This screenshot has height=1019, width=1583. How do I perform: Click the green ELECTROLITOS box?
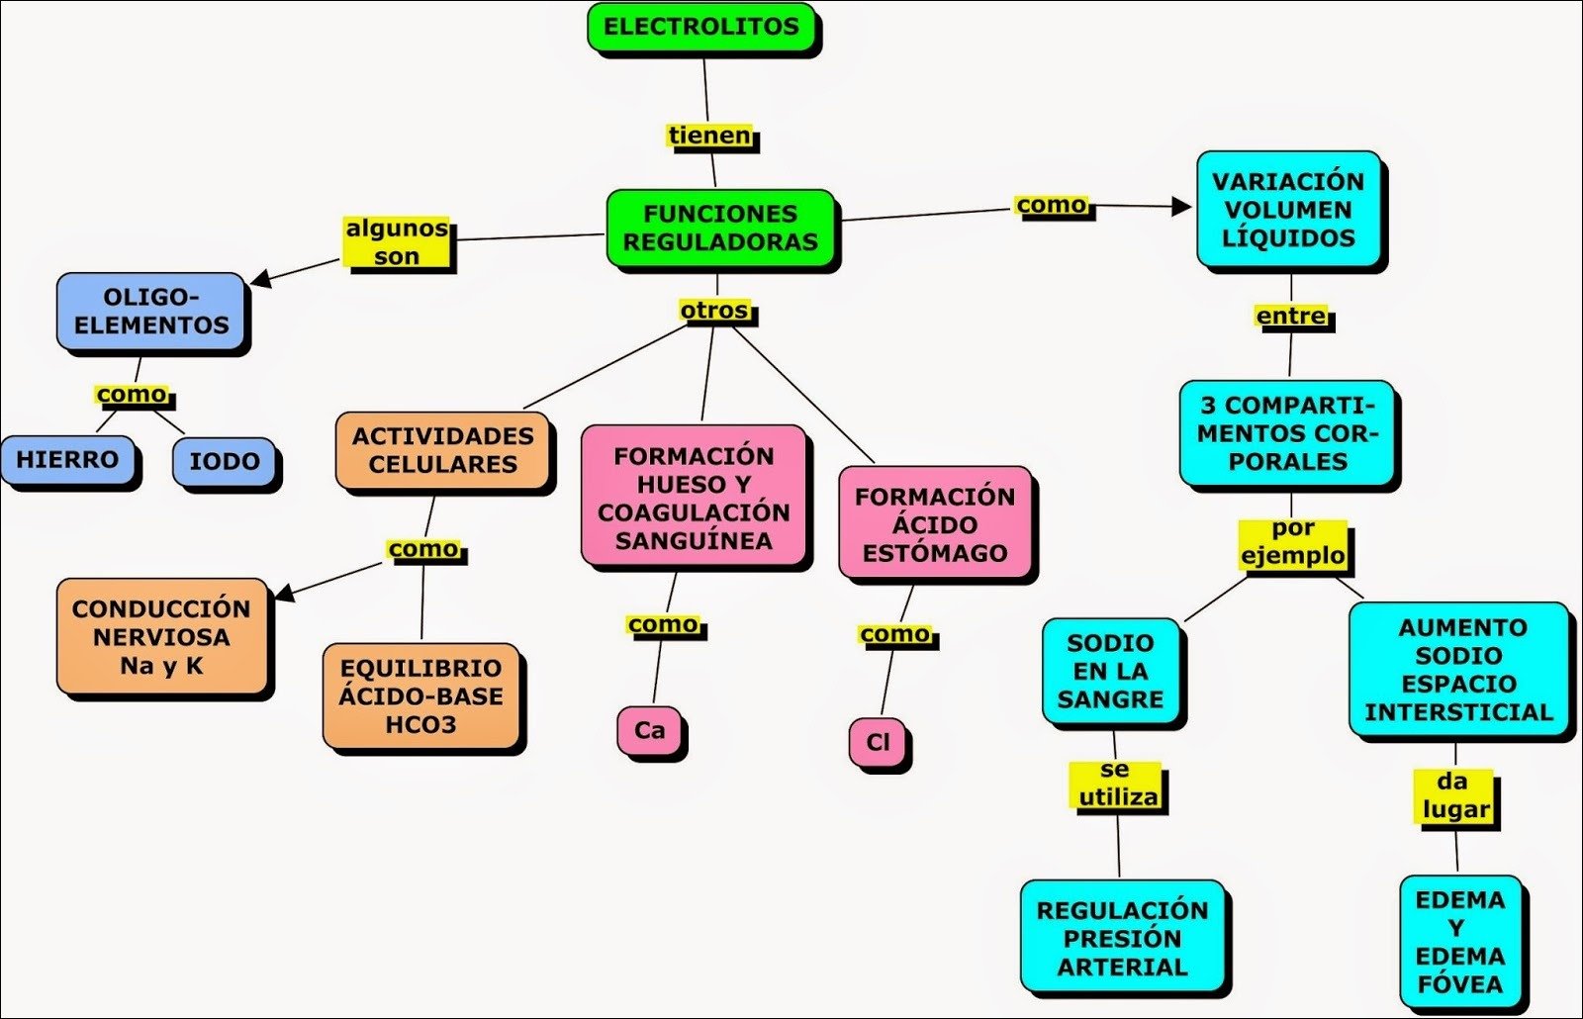click(700, 28)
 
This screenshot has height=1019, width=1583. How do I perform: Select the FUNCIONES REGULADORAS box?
click(720, 229)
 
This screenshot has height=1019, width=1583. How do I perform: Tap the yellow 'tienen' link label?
click(709, 136)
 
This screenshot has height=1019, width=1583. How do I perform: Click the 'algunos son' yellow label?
click(397, 242)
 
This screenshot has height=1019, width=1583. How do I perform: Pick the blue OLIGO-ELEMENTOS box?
click(151, 312)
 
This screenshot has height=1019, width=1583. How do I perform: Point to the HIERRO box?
click(67, 460)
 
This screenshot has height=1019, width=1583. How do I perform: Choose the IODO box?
click(225, 462)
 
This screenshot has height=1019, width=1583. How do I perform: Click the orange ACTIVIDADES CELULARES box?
click(442, 450)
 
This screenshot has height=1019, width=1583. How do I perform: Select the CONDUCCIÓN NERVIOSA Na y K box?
click(161, 637)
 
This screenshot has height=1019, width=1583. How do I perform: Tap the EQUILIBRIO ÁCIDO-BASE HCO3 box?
click(420, 696)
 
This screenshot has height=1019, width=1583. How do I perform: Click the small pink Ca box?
click(649, 731)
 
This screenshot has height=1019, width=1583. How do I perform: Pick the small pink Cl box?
click(878, 742)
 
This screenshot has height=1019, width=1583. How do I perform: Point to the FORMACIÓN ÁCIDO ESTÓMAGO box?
click(935, 524)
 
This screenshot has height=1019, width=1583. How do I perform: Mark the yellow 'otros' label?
click(714, 311)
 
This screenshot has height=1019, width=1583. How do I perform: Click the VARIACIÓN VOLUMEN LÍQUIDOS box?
click(1288, 210)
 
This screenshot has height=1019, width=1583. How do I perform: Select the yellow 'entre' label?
click(1291, 317)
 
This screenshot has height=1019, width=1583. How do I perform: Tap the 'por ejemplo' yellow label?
click(1293, 542)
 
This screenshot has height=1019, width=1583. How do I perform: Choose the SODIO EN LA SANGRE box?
click(1110, 672)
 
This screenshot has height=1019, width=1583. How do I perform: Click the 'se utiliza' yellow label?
click(1117, 785)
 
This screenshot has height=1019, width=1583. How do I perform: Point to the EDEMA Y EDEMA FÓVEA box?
click(1459, 942)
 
